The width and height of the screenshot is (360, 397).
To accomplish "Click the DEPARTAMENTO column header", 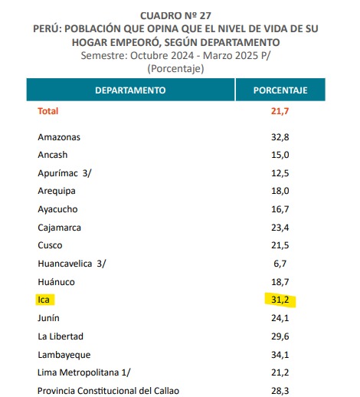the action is (x=130, y=90).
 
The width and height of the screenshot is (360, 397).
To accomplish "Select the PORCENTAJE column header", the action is (x=280, y=90).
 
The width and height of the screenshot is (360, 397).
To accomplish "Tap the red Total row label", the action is (x=48, y=111).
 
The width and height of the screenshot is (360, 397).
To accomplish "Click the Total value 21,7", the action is (x=280, y=111).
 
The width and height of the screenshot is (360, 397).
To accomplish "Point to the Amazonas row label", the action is (x=59, y=137).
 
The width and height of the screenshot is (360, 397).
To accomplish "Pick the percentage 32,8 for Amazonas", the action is (x=280, y=137).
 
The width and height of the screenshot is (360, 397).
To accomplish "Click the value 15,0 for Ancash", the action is (x=280, y=155).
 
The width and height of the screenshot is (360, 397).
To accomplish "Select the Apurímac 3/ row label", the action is (x=64, y=173).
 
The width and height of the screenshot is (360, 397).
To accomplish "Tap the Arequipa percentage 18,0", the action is (x=280, y=191).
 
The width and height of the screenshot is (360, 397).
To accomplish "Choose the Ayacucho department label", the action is (x=57, y=209).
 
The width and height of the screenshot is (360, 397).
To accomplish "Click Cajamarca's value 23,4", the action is (x=280, y=228).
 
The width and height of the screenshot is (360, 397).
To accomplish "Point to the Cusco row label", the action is (x=50, y=245).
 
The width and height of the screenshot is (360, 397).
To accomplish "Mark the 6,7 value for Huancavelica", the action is (x=280, y=264).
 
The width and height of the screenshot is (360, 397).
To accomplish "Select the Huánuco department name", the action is (x=57, y=282).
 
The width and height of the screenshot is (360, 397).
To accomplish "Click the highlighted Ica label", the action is (x=44, y=300).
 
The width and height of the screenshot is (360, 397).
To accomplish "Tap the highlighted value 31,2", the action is (x=280, y=300).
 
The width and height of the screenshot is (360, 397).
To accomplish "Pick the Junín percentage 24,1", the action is (x=280, y=318).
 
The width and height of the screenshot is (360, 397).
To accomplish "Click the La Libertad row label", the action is (x=61, y=336).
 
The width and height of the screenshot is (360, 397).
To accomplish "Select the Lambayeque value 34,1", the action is (x=280, y=355).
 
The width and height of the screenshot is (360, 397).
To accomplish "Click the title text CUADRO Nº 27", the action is (x=176, y=16).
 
